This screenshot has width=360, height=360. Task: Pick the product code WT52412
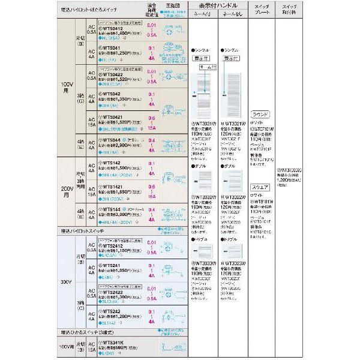[112, 245]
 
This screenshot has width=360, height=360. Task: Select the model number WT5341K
[112, 342]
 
